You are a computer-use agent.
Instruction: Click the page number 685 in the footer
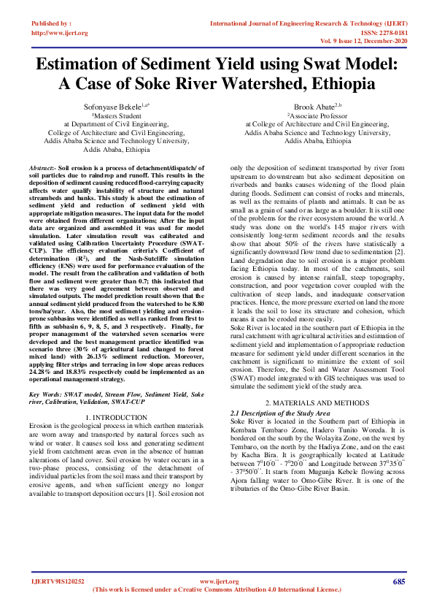[399, 582]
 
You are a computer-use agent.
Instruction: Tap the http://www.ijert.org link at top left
[60, 33]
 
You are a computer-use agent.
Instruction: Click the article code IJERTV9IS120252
[58, 582]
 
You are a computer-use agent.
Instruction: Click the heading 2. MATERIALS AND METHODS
[317, 403]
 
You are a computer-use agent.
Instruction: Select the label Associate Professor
[317, 115]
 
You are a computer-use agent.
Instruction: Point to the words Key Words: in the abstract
[45, 394]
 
